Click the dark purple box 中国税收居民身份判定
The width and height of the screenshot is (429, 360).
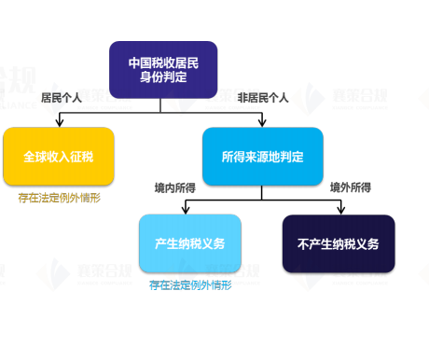point(163,70)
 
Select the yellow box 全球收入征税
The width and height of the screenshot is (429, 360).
point(58,156)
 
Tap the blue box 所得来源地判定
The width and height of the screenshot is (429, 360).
point(262,156)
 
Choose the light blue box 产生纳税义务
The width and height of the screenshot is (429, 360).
point(189,243)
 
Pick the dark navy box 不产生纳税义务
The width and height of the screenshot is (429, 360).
point(338,243)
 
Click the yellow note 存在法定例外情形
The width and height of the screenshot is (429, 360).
point(59,198)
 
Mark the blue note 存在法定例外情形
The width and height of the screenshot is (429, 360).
point(189,285)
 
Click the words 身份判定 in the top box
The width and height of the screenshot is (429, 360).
point(163,77)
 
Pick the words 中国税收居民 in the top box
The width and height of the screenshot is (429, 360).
point(163,62)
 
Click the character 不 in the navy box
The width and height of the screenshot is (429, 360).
point(303,243)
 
